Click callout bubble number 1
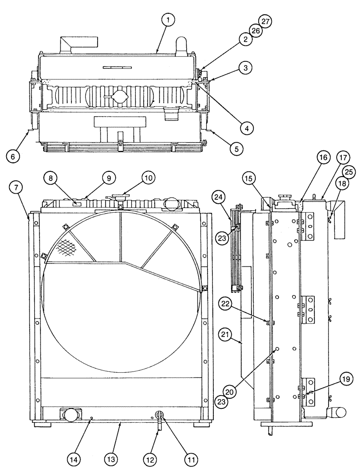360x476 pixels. click(x=168, y=20)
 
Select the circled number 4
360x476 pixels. click(x=246, y=127)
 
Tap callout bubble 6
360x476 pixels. click(x=13, y=156)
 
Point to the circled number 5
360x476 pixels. click(x=235, y=149)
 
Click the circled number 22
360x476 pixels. click(x=226, y=303)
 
